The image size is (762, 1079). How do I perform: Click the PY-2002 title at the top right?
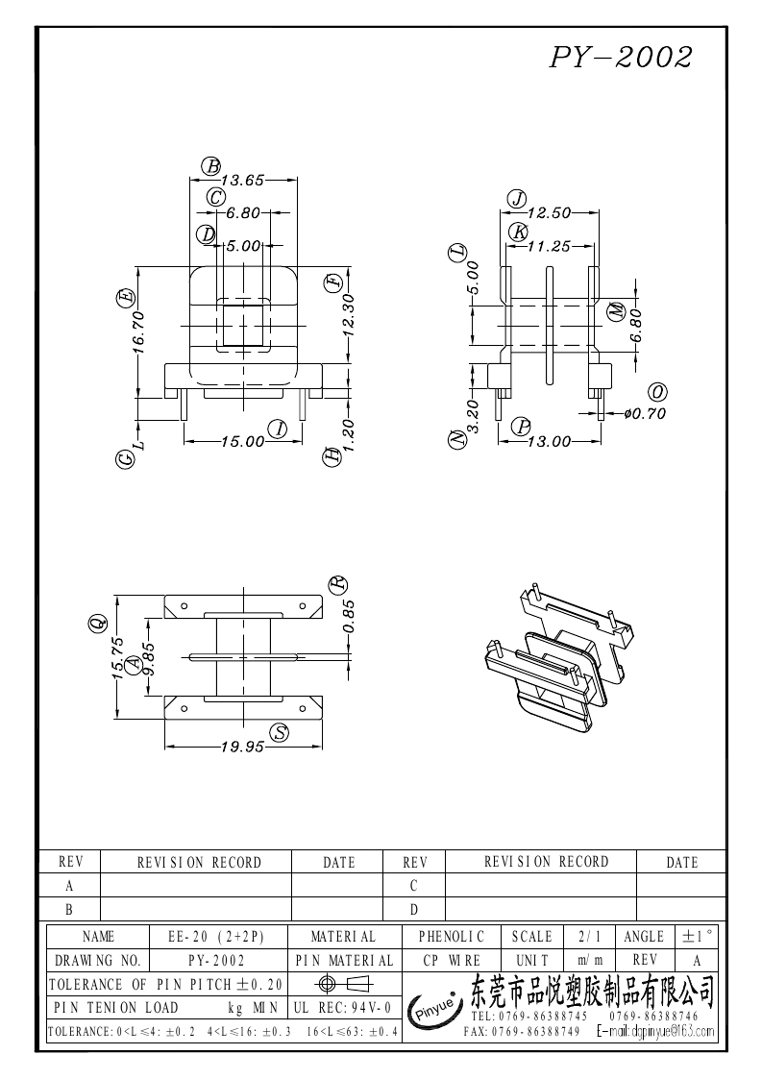click(x=621, y=58)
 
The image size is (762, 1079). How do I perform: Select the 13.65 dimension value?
click(x=242, y=180)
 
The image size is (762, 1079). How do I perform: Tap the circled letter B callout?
click(x=210, y=166)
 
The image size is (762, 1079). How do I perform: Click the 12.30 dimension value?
click(x=349, y=315)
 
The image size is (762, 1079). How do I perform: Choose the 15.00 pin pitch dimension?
click(x=242, y=441)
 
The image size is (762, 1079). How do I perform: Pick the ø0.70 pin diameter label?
click(x=645, y=414)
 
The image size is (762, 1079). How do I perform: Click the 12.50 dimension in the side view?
click(x=550, y=213)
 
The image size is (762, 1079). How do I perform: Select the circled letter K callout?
click(x=519, y=232)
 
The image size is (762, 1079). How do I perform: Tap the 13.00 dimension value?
click(x=550, y=441)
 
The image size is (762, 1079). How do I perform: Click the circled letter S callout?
click(x=280, y=733)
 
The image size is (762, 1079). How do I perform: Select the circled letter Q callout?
click(x=96, y=625)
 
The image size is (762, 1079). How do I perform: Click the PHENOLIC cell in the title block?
click(x=452, y=936)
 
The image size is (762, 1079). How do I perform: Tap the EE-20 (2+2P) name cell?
click(x=215, y=936)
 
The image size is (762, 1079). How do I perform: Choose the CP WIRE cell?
click(x=452, y=960)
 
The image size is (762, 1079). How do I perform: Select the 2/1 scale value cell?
click(x=585, y=936)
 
